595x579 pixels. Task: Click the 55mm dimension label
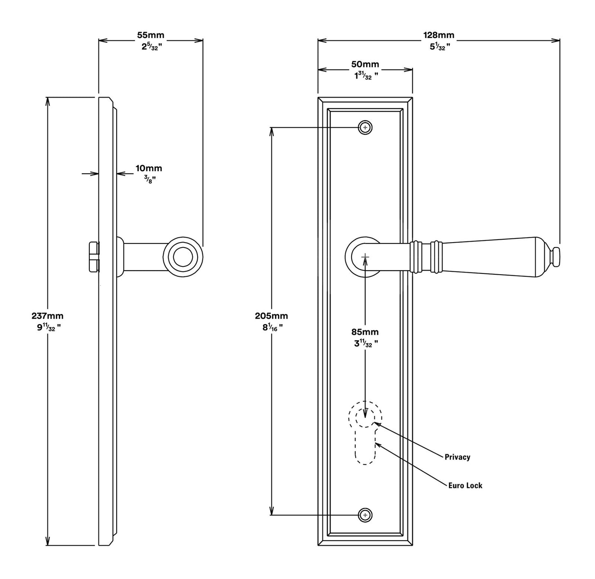click(x=150, y=35)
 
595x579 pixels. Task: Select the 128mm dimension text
click(x=439, y=35)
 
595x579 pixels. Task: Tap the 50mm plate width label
click(x=365, y=64)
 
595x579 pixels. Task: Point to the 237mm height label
click(x=47, y=316)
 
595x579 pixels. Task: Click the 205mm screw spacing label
click(x=271, y=316)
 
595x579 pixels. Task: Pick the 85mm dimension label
click(x=365, y=332)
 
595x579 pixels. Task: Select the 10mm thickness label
click(x=149, y=168)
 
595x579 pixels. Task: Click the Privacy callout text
click(x=457, y=457)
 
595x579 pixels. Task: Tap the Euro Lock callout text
click(x=465, y=486)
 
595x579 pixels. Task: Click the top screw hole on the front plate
click(x=365, y=128)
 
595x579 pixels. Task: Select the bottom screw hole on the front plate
click(x=365, y=515)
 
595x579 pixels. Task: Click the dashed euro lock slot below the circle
click(x=365, y=449)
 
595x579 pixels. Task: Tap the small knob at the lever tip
click(x=556, y=256)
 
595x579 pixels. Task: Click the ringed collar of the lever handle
click(x=426, y=257)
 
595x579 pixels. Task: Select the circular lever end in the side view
click(x=183, y=257)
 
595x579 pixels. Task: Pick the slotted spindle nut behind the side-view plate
click(x=94, y=257)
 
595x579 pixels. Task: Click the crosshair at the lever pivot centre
click(x=365, y=257)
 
